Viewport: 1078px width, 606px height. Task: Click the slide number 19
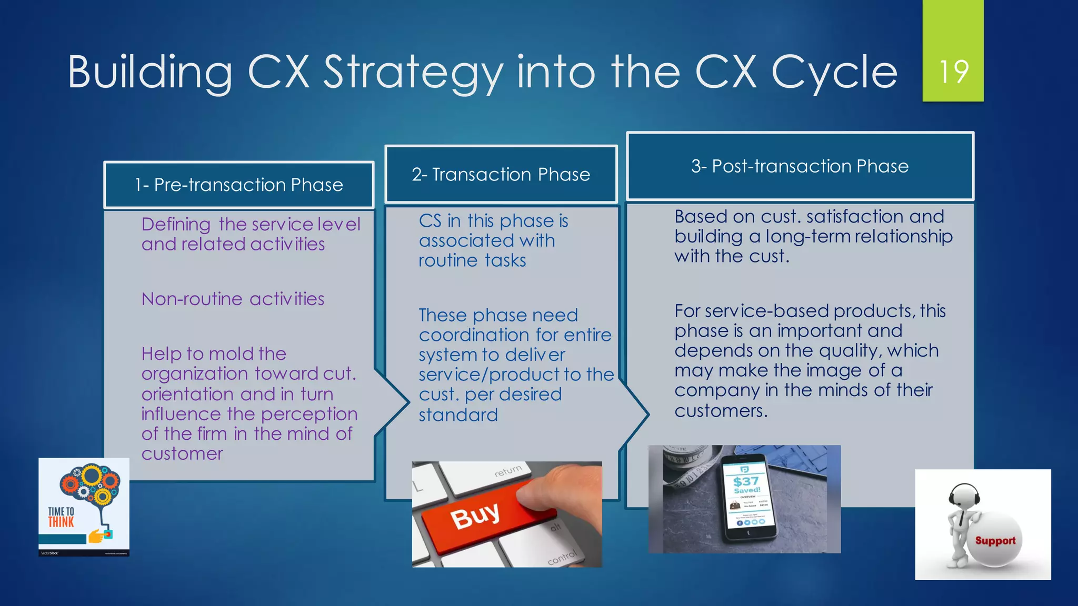[x=953, y=72]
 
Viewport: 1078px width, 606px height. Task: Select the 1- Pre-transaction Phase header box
[x=239, y=185]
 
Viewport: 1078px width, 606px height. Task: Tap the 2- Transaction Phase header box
[x=501, y=175]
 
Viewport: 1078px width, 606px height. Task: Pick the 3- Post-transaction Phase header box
[x=800, y=166]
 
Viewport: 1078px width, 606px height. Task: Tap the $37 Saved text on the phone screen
[x=746, y=484]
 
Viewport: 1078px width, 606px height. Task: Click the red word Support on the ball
[x=995, y=541]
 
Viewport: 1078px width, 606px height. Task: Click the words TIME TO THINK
[x=61, y=517]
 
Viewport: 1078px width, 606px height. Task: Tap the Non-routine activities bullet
[x=233, y=299]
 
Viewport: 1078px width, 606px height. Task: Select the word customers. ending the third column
[x=721, y=411]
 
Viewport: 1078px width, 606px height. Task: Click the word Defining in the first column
[x=176, y=225]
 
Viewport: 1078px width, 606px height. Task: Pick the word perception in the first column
[x=309, y=415]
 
